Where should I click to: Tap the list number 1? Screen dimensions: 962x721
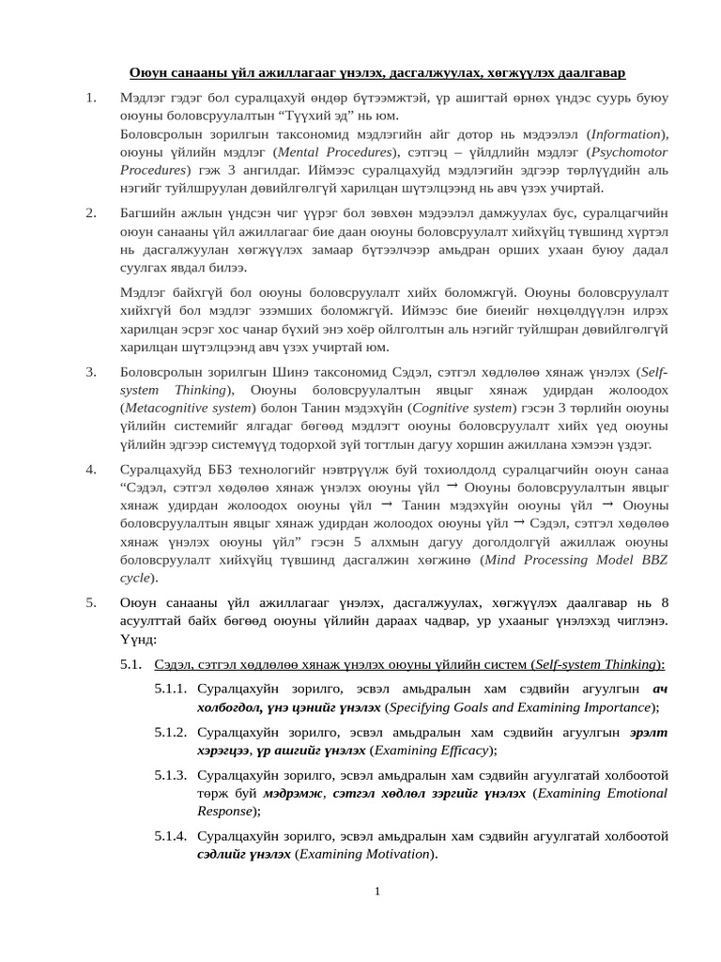(91, 98)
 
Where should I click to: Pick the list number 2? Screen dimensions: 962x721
(91, 213)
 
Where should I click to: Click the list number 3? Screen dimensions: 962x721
(91, 372)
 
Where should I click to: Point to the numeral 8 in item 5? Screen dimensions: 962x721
(665, 603)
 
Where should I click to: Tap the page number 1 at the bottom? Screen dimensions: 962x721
(376, 891)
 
